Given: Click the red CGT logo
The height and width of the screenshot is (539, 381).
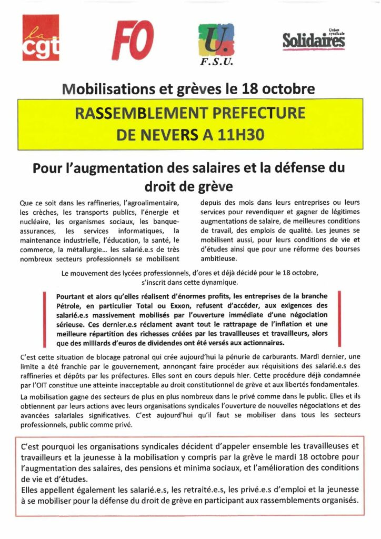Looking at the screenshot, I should (x=41, y=37).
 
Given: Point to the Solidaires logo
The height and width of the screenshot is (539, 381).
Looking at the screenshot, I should (x=314, y=39).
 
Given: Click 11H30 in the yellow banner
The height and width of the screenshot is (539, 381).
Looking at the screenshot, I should (x=235, y=135).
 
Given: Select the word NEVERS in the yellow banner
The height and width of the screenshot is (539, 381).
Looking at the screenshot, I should (x=170, y=135).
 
